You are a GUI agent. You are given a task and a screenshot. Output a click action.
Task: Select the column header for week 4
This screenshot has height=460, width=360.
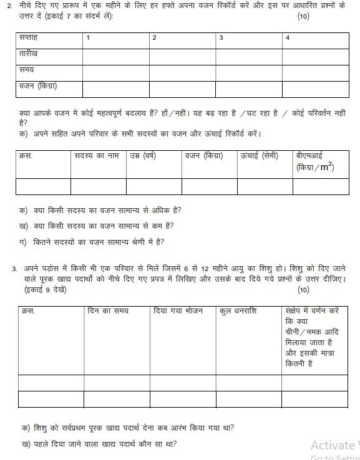(288, 38)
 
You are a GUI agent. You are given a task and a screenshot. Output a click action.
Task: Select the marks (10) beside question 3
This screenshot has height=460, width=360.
(303, 289)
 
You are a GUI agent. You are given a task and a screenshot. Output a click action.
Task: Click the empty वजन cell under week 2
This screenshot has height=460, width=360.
(182, 89)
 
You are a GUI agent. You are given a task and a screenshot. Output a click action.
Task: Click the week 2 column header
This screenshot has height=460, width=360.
(155, 38)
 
